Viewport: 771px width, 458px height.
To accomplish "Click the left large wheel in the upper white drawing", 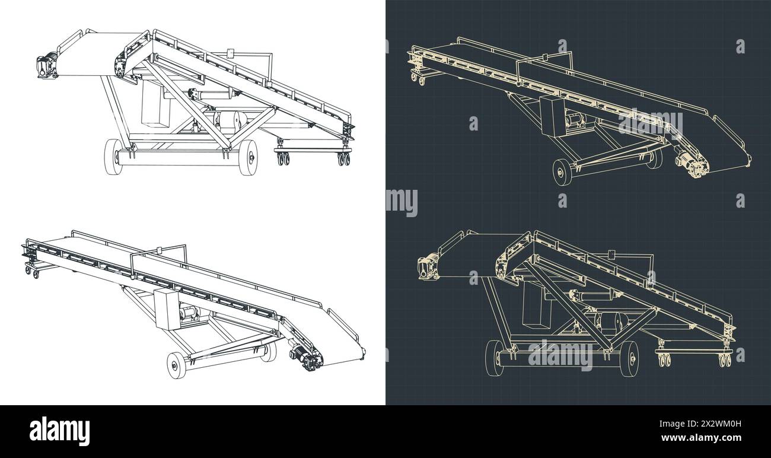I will (113, 157).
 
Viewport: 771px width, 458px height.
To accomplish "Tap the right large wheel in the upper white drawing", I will (248, 157).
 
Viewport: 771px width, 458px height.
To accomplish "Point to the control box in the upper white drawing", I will (155, 103).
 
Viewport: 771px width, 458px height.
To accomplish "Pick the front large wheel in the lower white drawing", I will (176, 365).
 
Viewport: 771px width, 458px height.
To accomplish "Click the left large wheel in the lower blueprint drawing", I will (494, 358).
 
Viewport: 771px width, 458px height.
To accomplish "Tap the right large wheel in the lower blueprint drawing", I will (629, 358).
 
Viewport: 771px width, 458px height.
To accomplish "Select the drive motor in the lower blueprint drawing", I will (428, 266).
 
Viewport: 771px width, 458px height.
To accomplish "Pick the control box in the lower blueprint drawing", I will (536, 304).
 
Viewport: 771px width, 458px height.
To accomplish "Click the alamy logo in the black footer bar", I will (59, 431).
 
